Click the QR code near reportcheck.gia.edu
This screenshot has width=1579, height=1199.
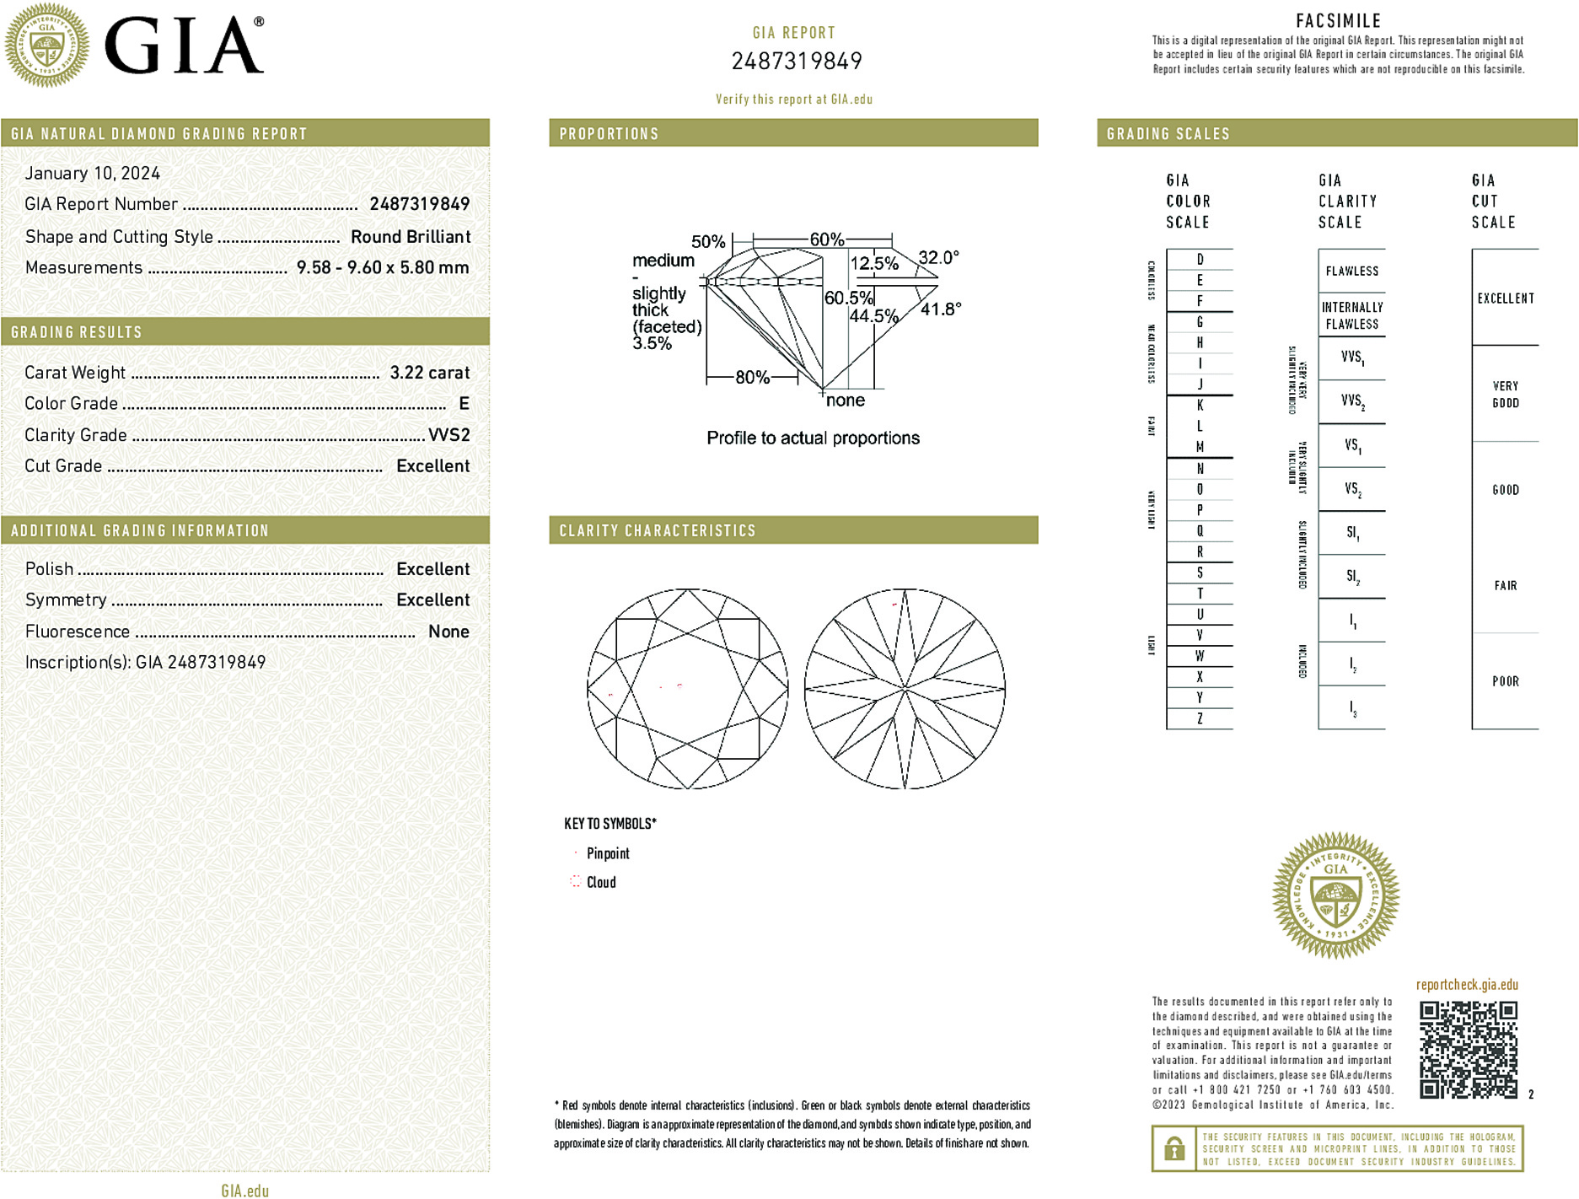click(x=1468, y=1049)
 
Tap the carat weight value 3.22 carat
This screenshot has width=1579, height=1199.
click(x=429, y=373)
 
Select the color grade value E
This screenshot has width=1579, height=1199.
click(x=464, y=404)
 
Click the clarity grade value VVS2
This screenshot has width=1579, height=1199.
click(x=448, y=435)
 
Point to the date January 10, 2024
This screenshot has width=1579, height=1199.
click(x=92, y=173)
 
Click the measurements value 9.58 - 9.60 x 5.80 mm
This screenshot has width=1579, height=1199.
click(x=382, y=267)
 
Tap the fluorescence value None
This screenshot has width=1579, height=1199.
click(x=448, y=632)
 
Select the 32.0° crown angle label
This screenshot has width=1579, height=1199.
click(x=938, y=257)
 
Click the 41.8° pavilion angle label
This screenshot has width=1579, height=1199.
click(x=940, y=309)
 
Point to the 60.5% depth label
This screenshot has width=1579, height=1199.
click(x=848, y=298)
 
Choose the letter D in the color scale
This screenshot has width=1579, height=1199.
click(x=1200, y=260)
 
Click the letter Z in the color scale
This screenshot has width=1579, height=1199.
click(x=1200, y=718)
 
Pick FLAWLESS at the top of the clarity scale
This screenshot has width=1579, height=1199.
click(x=1351, y=271)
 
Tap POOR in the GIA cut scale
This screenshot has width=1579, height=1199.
click(x=1505, y=681)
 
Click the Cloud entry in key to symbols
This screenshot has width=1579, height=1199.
click(x=600, y=882)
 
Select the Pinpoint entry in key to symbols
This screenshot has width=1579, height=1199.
click(x=607, y=853)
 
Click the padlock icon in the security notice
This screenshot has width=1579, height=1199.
click(x=1174, y=1148)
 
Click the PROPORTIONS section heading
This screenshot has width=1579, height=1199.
click(x=609, y=134)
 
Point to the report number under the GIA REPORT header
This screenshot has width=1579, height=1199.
click(x=796, y=62)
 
